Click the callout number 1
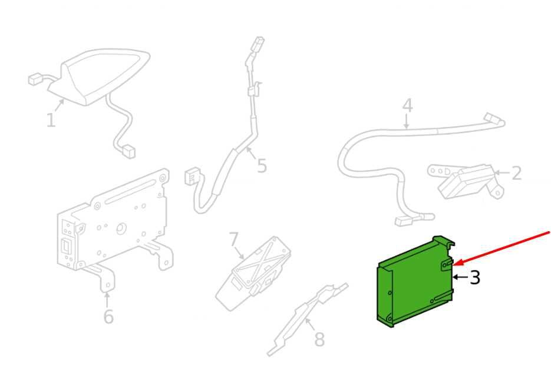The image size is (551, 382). point(51,120)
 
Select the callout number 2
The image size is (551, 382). point(516,173)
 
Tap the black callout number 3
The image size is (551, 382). point(474,277)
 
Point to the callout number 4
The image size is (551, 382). point(407,106)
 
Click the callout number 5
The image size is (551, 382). point(262,165)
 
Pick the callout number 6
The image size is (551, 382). point(108,316)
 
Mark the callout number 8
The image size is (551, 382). point(319,340)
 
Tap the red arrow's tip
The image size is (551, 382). point(454,264)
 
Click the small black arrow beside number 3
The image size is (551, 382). point(460,277)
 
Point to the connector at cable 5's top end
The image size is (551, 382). point(259,44)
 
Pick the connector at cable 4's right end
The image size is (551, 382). point(491,118)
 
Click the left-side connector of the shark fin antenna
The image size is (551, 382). point(34,79)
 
